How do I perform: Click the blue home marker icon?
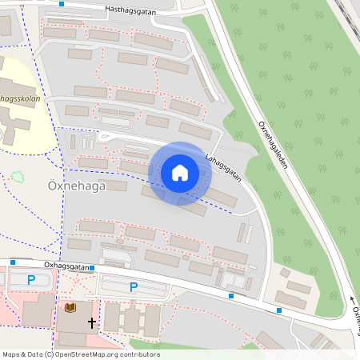pos(179,172)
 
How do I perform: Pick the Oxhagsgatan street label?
pos(66,265)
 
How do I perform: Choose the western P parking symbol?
pos(31,280)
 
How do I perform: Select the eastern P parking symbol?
pos(134,287)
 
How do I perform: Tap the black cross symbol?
pos(92,322)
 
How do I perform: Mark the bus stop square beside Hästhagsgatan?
pos(62,3)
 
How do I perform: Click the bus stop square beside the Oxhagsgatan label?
pos(92,268)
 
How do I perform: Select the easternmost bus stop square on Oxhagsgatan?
pos(279,310)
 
